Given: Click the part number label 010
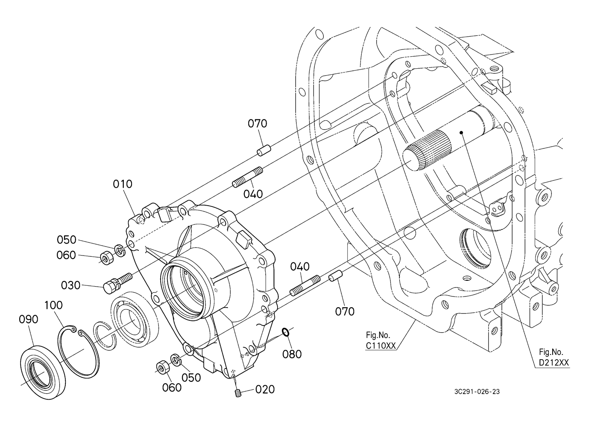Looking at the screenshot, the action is [123, 184].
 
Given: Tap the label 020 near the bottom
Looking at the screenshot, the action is [265, 389].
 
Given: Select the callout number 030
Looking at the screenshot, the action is [70, 285].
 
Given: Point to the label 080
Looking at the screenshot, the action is [292, 354].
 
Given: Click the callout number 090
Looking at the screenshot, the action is [28, 320].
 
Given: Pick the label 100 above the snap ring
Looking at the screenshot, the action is [53, 305].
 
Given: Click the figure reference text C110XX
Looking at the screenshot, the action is [381, 346].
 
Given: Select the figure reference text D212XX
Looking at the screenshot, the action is [554, 363].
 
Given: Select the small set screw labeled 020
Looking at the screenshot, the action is [238, 393].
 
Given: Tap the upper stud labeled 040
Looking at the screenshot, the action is [247, 177].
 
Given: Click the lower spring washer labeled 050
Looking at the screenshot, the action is [176, 360].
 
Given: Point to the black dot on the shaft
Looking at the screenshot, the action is [461, 133].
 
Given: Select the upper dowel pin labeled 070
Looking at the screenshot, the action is [264, 150].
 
